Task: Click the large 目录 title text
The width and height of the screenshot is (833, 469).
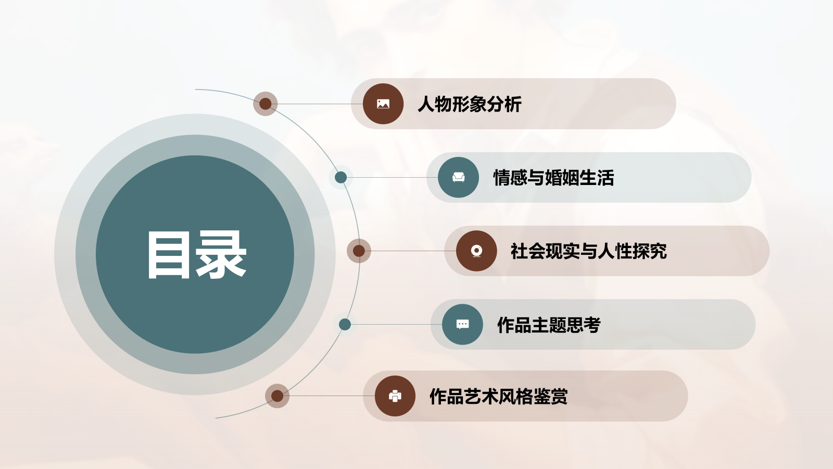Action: (196, 255)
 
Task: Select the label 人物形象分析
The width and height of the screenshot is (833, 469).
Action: (469, 104)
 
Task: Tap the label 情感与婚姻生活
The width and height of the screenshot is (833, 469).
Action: (553, 178)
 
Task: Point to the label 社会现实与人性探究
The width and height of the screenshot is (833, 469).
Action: (588, 251)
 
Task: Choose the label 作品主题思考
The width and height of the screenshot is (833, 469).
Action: (549, 325)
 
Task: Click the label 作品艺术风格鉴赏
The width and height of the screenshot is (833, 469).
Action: (498, 397)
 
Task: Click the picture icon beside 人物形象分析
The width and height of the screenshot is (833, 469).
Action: (383, 104)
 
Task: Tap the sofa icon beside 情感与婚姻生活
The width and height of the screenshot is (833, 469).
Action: (458, 177)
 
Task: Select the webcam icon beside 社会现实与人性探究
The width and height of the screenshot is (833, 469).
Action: (476, 251)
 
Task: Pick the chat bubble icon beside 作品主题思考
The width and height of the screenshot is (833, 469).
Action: (462, 324)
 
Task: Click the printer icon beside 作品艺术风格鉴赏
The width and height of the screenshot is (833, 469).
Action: (395, 396)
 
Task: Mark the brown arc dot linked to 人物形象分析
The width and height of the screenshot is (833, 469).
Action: (266, 104)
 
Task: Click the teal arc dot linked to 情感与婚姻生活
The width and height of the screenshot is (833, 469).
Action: (341, 177)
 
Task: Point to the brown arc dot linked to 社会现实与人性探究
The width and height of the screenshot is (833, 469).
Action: (359, 251)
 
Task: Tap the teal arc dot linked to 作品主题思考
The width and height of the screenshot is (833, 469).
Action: (345, 325)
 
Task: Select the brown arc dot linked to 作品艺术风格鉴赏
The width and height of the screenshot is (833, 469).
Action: (277, 396)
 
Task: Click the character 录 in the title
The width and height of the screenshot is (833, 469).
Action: (221, 255)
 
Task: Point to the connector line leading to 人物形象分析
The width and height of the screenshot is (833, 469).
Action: (318, 104)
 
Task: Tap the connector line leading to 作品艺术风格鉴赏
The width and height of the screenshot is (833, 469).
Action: (328, 396)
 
